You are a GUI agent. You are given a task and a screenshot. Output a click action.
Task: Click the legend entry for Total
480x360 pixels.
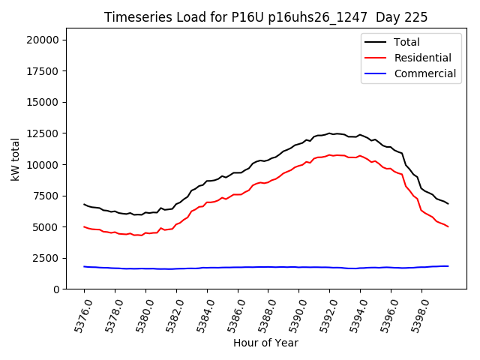406,43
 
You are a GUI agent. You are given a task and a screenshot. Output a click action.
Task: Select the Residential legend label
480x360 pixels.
422,58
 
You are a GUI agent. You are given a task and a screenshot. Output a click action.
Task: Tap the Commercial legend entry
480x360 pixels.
424,73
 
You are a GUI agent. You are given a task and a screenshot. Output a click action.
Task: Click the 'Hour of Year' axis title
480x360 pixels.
265,343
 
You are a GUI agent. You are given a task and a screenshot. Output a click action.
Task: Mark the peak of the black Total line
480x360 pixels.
329,133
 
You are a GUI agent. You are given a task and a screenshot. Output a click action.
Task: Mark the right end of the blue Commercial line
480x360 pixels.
448,266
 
